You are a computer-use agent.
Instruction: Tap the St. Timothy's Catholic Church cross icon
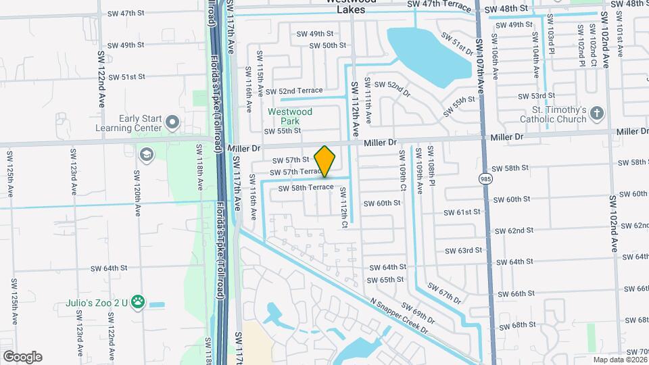coord(597,113)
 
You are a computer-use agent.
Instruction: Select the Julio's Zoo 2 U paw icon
coord(139,301)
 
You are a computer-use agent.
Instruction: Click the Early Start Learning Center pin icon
coord(172,123)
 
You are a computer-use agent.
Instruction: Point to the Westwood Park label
coord(289,116)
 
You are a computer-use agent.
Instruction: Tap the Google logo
coord(22,357)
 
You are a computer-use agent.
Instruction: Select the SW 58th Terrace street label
coord(306,187)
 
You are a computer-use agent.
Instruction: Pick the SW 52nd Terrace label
coord(294,91)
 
